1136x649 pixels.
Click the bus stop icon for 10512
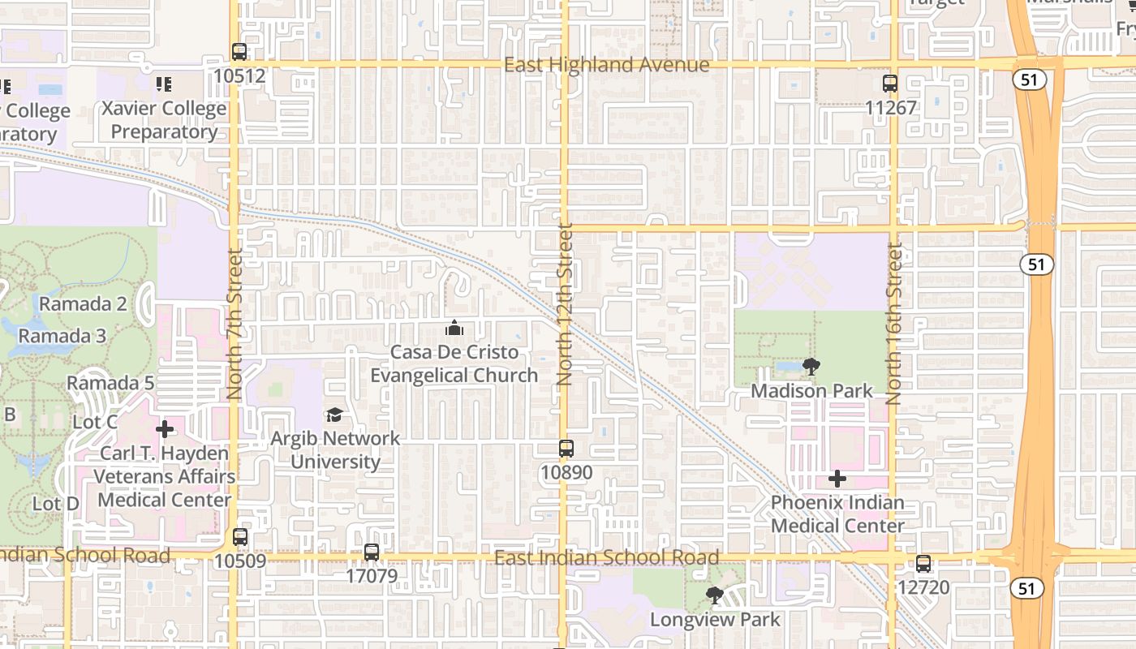point(239,51)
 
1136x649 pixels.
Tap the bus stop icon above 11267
point(890,83)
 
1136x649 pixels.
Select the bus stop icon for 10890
point(566,448)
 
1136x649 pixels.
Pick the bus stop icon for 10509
point(240,536)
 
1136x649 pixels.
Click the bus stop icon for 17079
point(372,552)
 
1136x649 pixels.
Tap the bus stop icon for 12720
point(923,564)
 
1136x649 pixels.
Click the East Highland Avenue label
point(607,65)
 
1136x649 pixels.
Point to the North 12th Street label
point(566,304)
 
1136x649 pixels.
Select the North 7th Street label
point(235,324)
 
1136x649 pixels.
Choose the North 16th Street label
point(894,324)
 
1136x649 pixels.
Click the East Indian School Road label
point(606,557)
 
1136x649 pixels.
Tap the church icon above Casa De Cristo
point(454,329)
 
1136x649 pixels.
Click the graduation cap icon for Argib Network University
point(334,415)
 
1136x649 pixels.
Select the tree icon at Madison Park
point(811,367)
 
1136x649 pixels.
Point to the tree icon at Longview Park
point(715,596)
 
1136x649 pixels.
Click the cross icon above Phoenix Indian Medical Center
point(837,479)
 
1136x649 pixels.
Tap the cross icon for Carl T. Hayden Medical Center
point(165,429)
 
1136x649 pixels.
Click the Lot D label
point(56,504)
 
